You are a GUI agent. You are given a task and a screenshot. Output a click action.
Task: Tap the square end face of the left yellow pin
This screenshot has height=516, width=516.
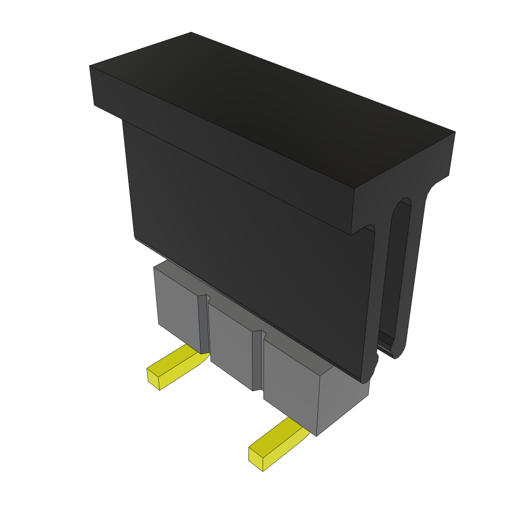point(153,378)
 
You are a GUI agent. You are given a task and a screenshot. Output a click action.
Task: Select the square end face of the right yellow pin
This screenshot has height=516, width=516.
point(256,459)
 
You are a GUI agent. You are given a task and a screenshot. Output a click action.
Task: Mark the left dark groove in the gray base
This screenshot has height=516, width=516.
point(203,325)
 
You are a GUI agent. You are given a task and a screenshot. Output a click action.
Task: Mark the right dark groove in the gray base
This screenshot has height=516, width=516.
point(257,360)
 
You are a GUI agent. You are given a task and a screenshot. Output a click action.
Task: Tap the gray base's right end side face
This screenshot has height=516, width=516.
point(343,403)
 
